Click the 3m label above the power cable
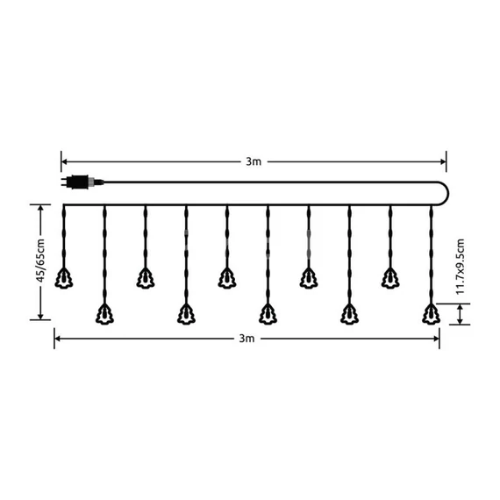click(x=254, y=161)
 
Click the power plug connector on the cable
click(x=80, y=182)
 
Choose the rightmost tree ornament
click(x=430, y=311)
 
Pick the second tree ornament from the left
click(x=104, y=311)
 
